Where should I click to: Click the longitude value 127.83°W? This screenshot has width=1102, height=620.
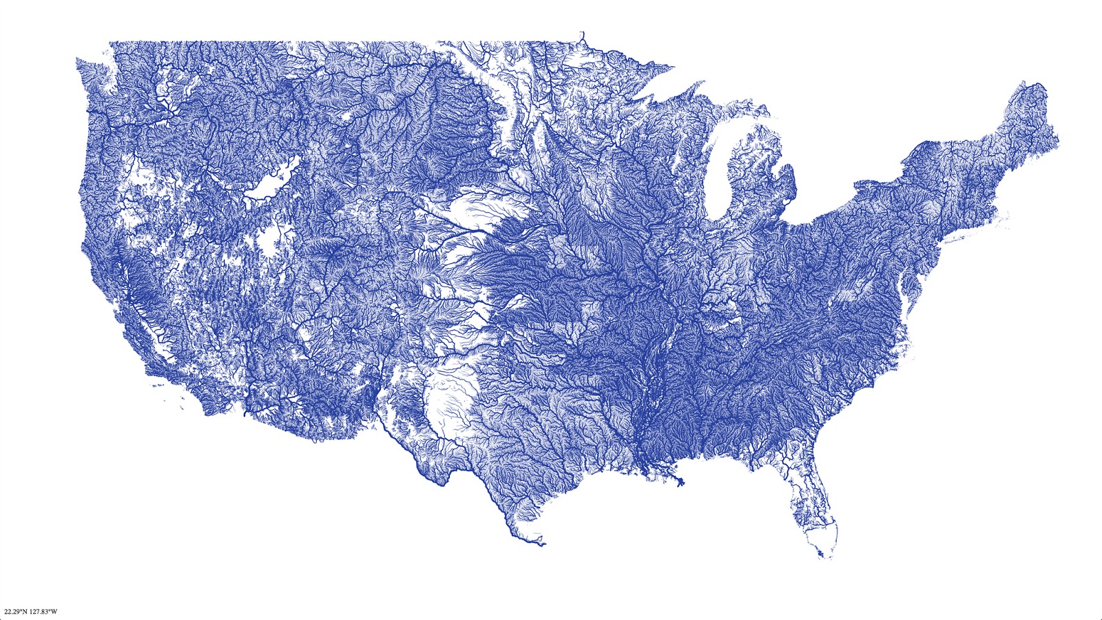click(43, 611)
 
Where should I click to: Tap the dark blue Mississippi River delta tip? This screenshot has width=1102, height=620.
click(680, 483)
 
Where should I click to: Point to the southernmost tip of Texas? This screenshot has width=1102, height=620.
click(543, 545)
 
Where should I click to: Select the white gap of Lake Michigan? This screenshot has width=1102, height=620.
click(720, 172)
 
